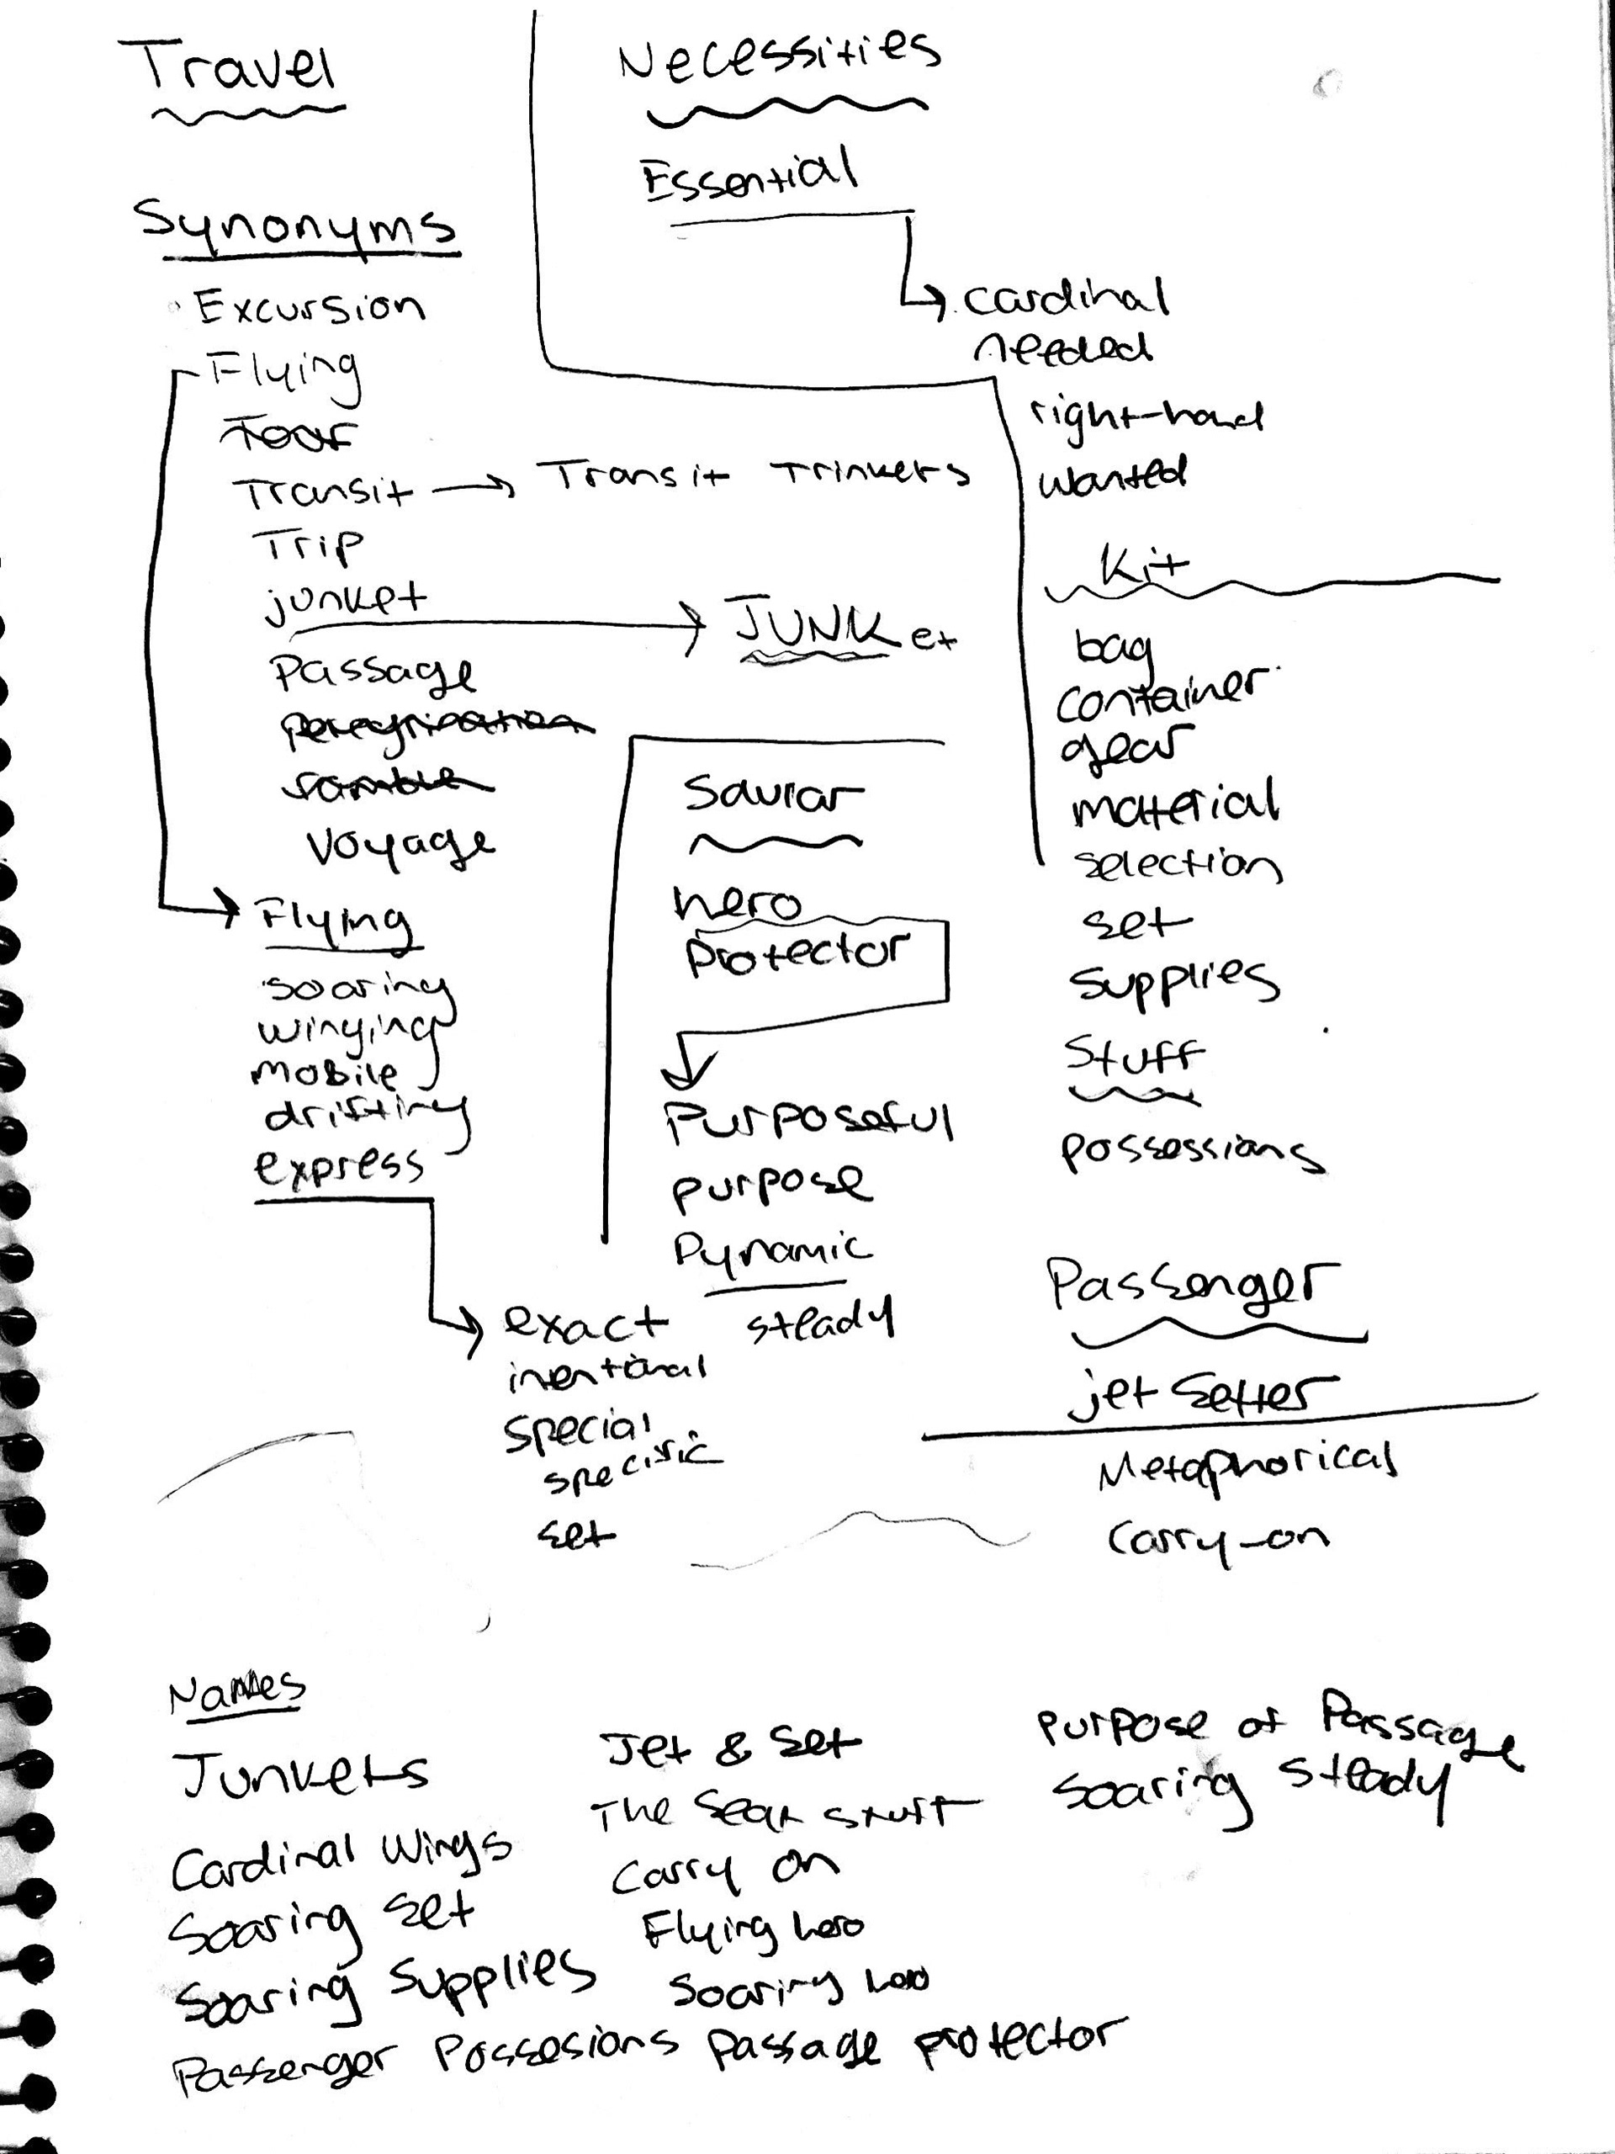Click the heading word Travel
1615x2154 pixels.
(x=240, y=68)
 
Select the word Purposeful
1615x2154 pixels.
(x=808, y=1122)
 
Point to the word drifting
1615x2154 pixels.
(x=365, y=1115)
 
